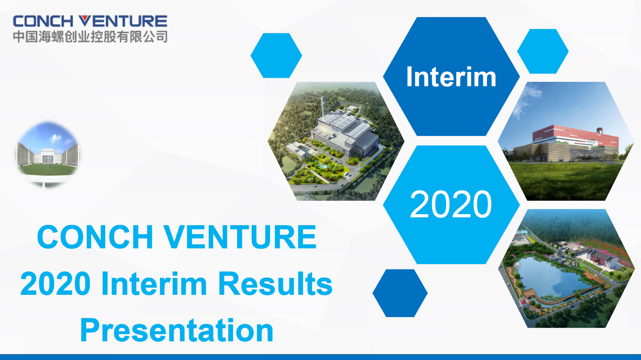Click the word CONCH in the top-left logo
click(x=43, y=21)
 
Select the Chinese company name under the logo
click(x=90, y=37)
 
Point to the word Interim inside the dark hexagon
click(x=451, y=77)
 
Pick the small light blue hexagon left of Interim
click(x=276, y=56)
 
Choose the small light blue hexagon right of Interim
click(x=543, y=52)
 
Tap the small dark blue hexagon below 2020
click(x=400, y=293)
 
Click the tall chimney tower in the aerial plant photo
click(x=323, y=106)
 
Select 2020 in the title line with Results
click(x=56, y=284)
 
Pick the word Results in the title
click(x=275, y=284)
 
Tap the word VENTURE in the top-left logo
click(x=123, y=21)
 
